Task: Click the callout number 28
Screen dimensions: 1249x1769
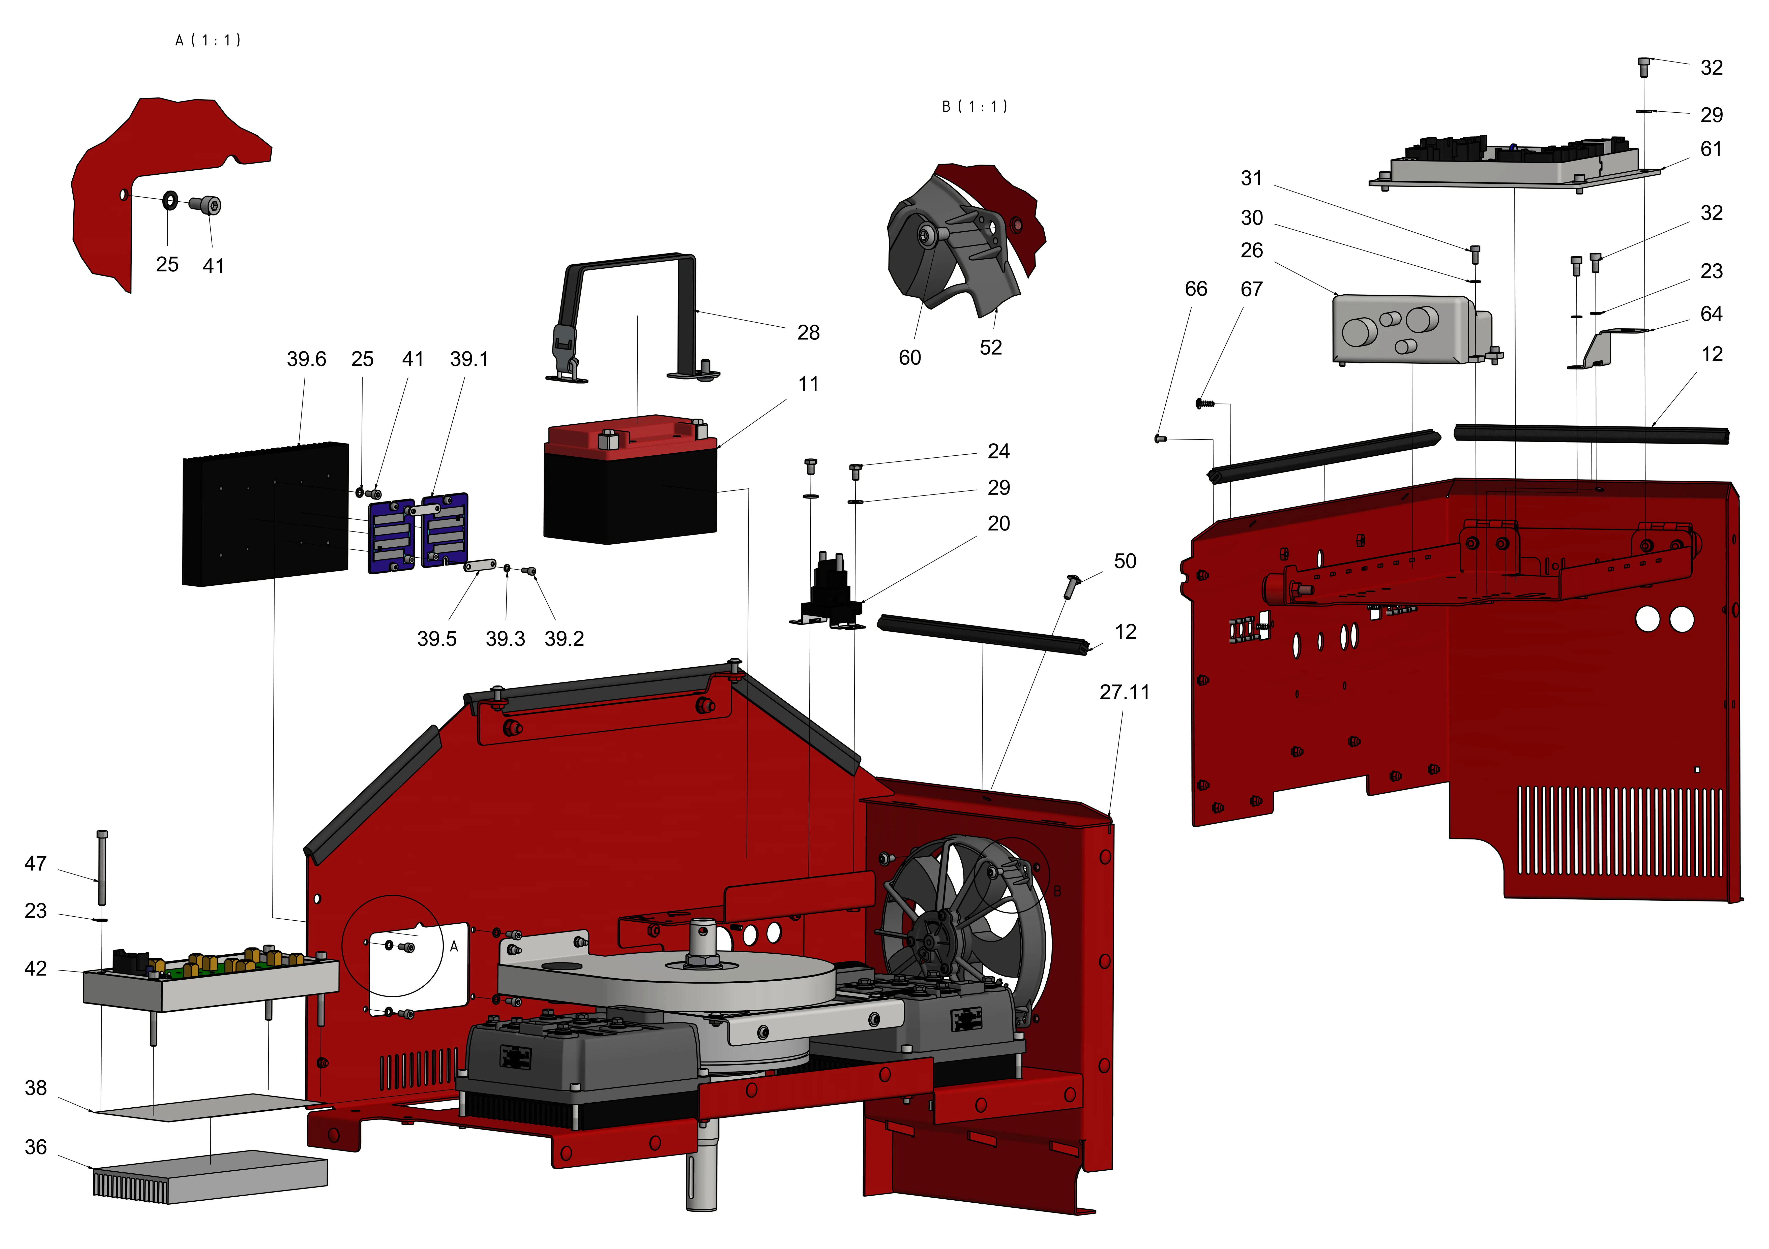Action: tap(807, 333)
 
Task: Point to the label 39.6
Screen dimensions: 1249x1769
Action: tap(306, 359)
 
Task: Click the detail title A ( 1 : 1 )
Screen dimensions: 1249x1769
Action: tap(208, 40)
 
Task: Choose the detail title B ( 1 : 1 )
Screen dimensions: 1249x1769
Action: tap(975, 106)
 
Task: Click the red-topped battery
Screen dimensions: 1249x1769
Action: tap(630, 481)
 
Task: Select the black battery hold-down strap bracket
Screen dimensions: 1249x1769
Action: tap(632, 316)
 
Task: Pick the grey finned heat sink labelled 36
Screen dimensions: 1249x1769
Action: tap(210, 1177)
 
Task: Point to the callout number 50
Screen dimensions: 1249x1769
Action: tap(1125, 561)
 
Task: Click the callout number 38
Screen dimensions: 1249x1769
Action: tap(36, 1088)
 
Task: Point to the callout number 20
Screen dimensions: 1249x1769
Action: tap(998, 524)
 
